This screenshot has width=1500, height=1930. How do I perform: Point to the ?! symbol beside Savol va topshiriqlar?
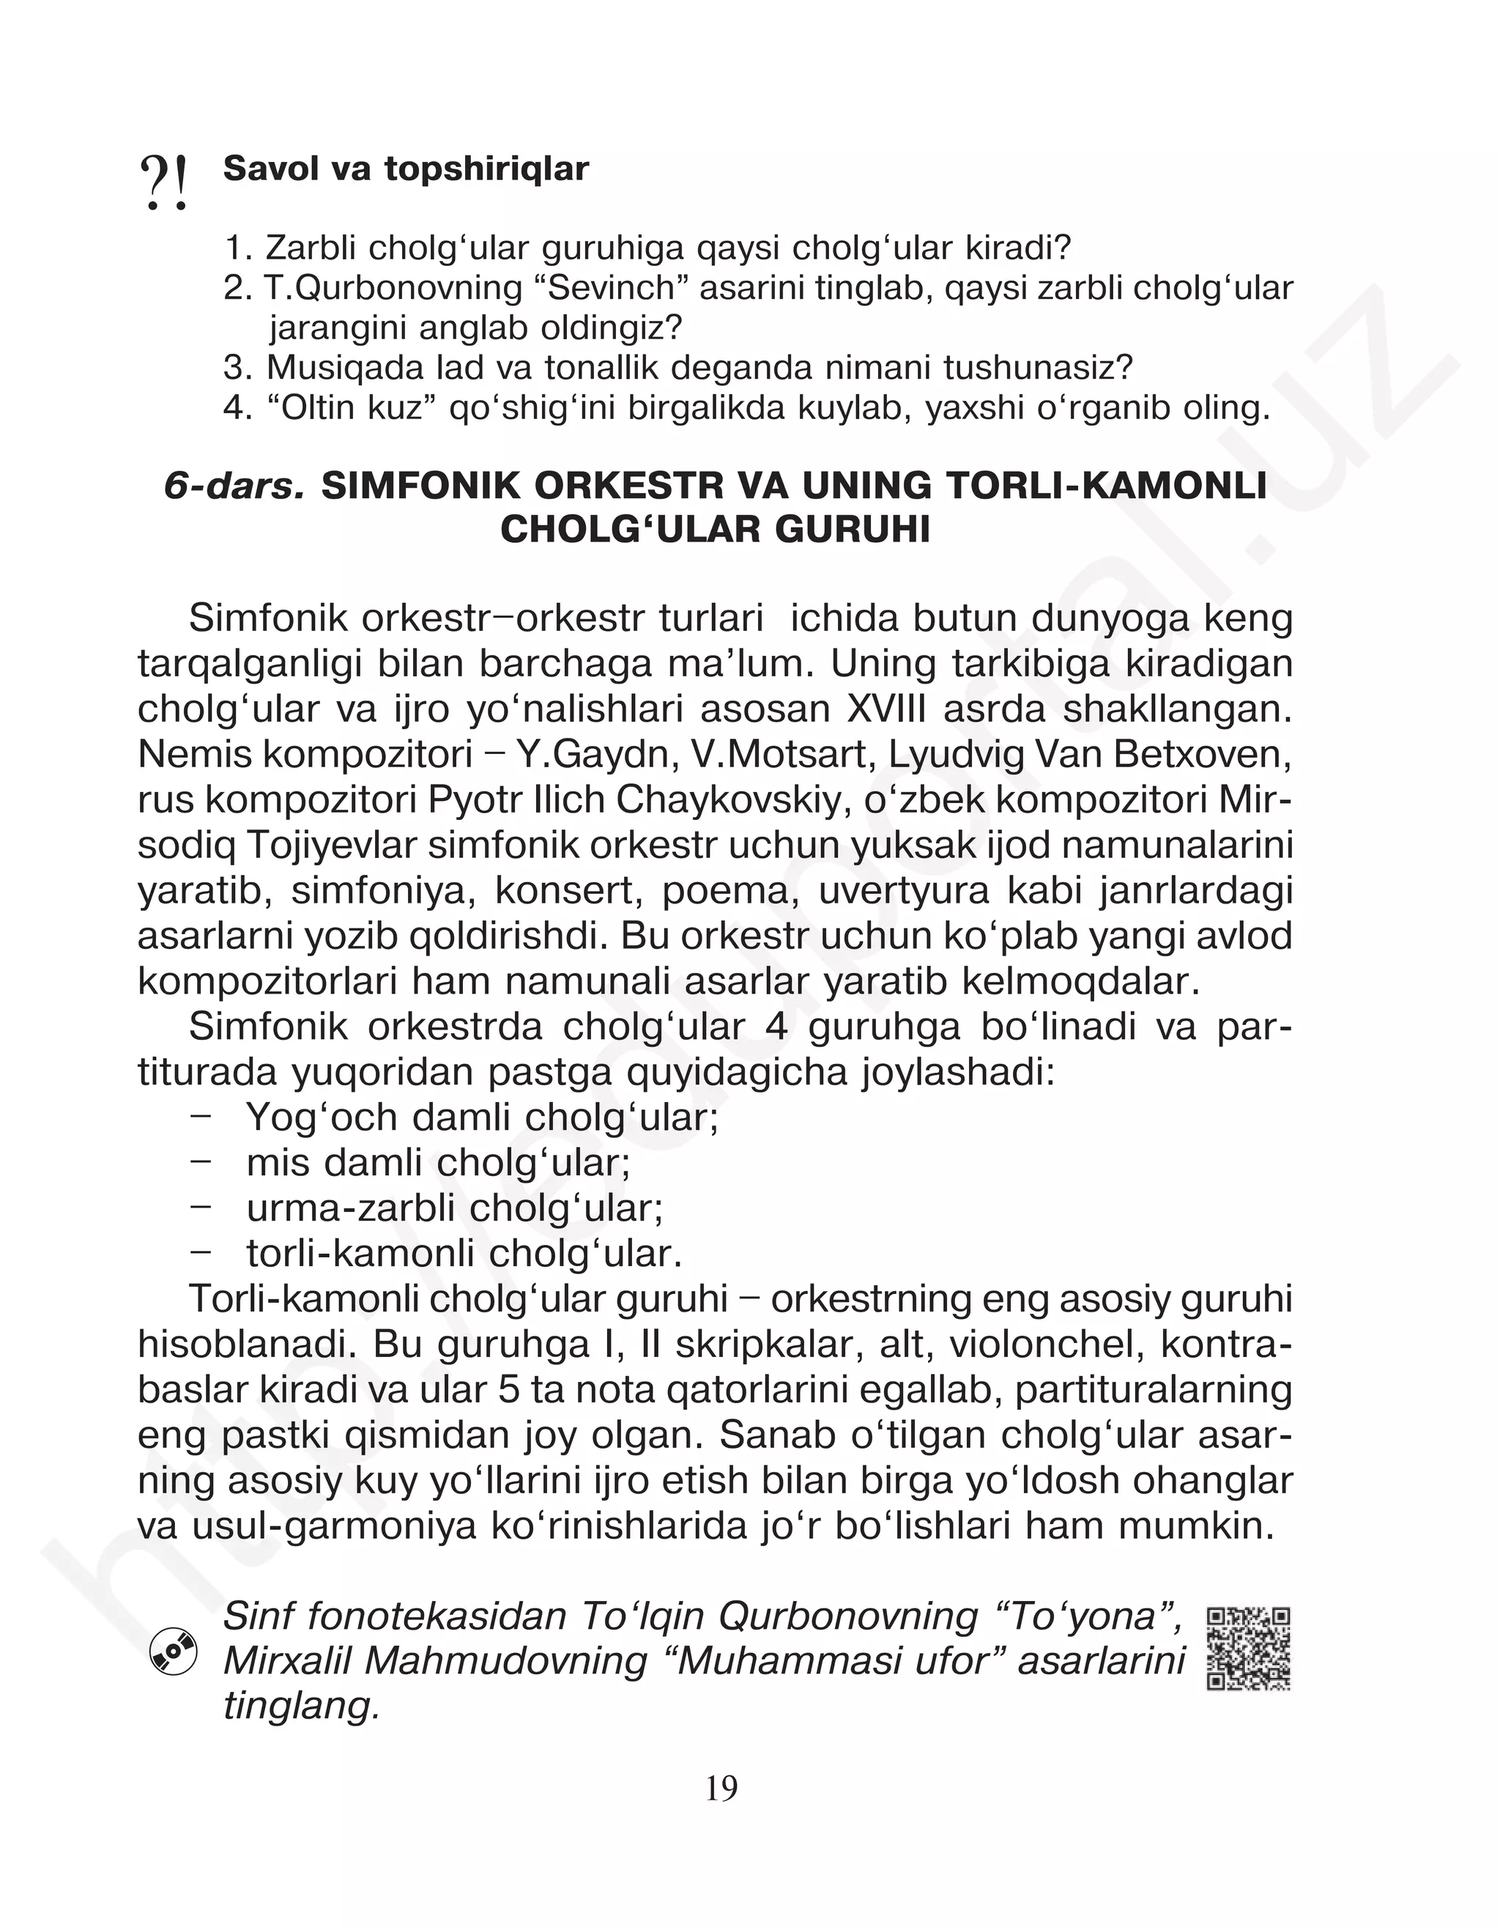coord(164,183)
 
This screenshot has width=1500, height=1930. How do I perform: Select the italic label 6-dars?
coord(234,487)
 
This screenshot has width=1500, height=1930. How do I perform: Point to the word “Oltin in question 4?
coord(311,408)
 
